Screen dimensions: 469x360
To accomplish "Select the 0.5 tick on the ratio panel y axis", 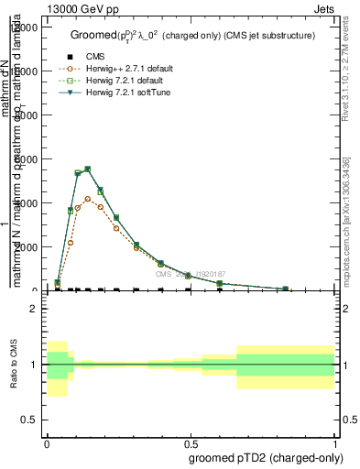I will click(x=29, y=420).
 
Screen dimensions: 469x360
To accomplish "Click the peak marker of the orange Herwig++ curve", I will click(x=87, y=198).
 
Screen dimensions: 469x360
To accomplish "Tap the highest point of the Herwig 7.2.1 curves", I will click(x=87, y=169).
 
